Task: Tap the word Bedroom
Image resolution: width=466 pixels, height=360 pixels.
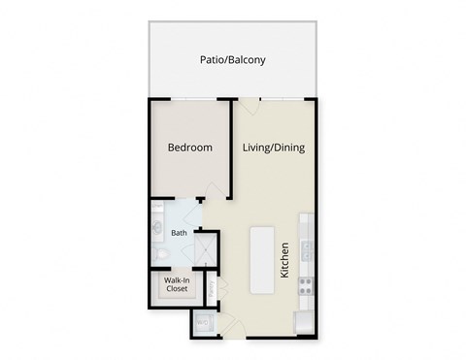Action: tap(189, 147)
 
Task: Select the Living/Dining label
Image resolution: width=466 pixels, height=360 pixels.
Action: tap(274, 147)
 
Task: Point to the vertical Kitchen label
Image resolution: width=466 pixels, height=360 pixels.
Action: tap(285, 260)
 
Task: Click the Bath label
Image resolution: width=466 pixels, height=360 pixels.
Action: tap(179, 233)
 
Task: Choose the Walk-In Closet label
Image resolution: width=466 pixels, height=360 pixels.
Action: tap(176, 285)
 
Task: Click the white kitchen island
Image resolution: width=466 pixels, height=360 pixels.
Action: tap(262, 260)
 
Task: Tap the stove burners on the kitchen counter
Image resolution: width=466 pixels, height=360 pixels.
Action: tap(304, 285)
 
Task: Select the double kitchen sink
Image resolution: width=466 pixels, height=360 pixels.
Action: tap(304, 250)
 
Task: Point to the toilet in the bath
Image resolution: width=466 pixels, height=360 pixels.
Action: tap(163, 254)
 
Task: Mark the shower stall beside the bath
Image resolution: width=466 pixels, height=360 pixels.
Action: tap(206, 249)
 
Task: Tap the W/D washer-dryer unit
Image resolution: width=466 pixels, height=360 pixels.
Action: tap(203, 323)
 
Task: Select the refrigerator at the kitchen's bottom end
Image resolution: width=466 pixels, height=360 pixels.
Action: tap(304, 321)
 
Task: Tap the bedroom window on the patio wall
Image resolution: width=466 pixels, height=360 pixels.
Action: tap(190, 99)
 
